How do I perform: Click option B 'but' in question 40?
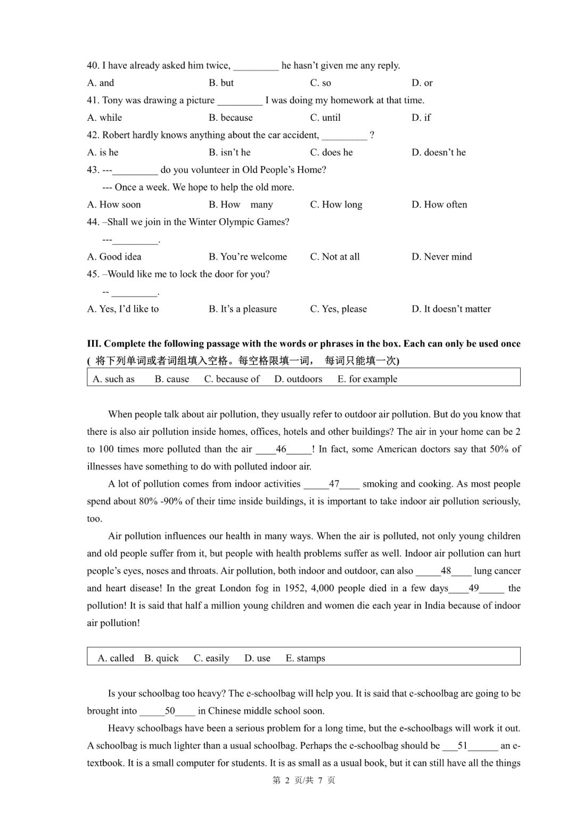coord(221,83)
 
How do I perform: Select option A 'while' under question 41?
coord(104,118)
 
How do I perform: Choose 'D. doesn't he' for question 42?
coord(438,152)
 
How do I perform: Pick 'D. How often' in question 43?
coord(439,204)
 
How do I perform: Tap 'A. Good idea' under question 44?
coord(114,257)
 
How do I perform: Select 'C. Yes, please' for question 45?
coord(339,309)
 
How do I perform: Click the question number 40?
coord(93,65)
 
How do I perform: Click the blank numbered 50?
coord(168,711)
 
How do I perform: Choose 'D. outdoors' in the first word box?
coord(298,379)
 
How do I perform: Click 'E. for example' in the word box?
coord(367,379)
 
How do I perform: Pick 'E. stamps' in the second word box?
coord(305,658)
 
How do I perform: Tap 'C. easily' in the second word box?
coord(211,658)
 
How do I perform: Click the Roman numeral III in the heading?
coord(94,344)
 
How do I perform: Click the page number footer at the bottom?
coord(303,780)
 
